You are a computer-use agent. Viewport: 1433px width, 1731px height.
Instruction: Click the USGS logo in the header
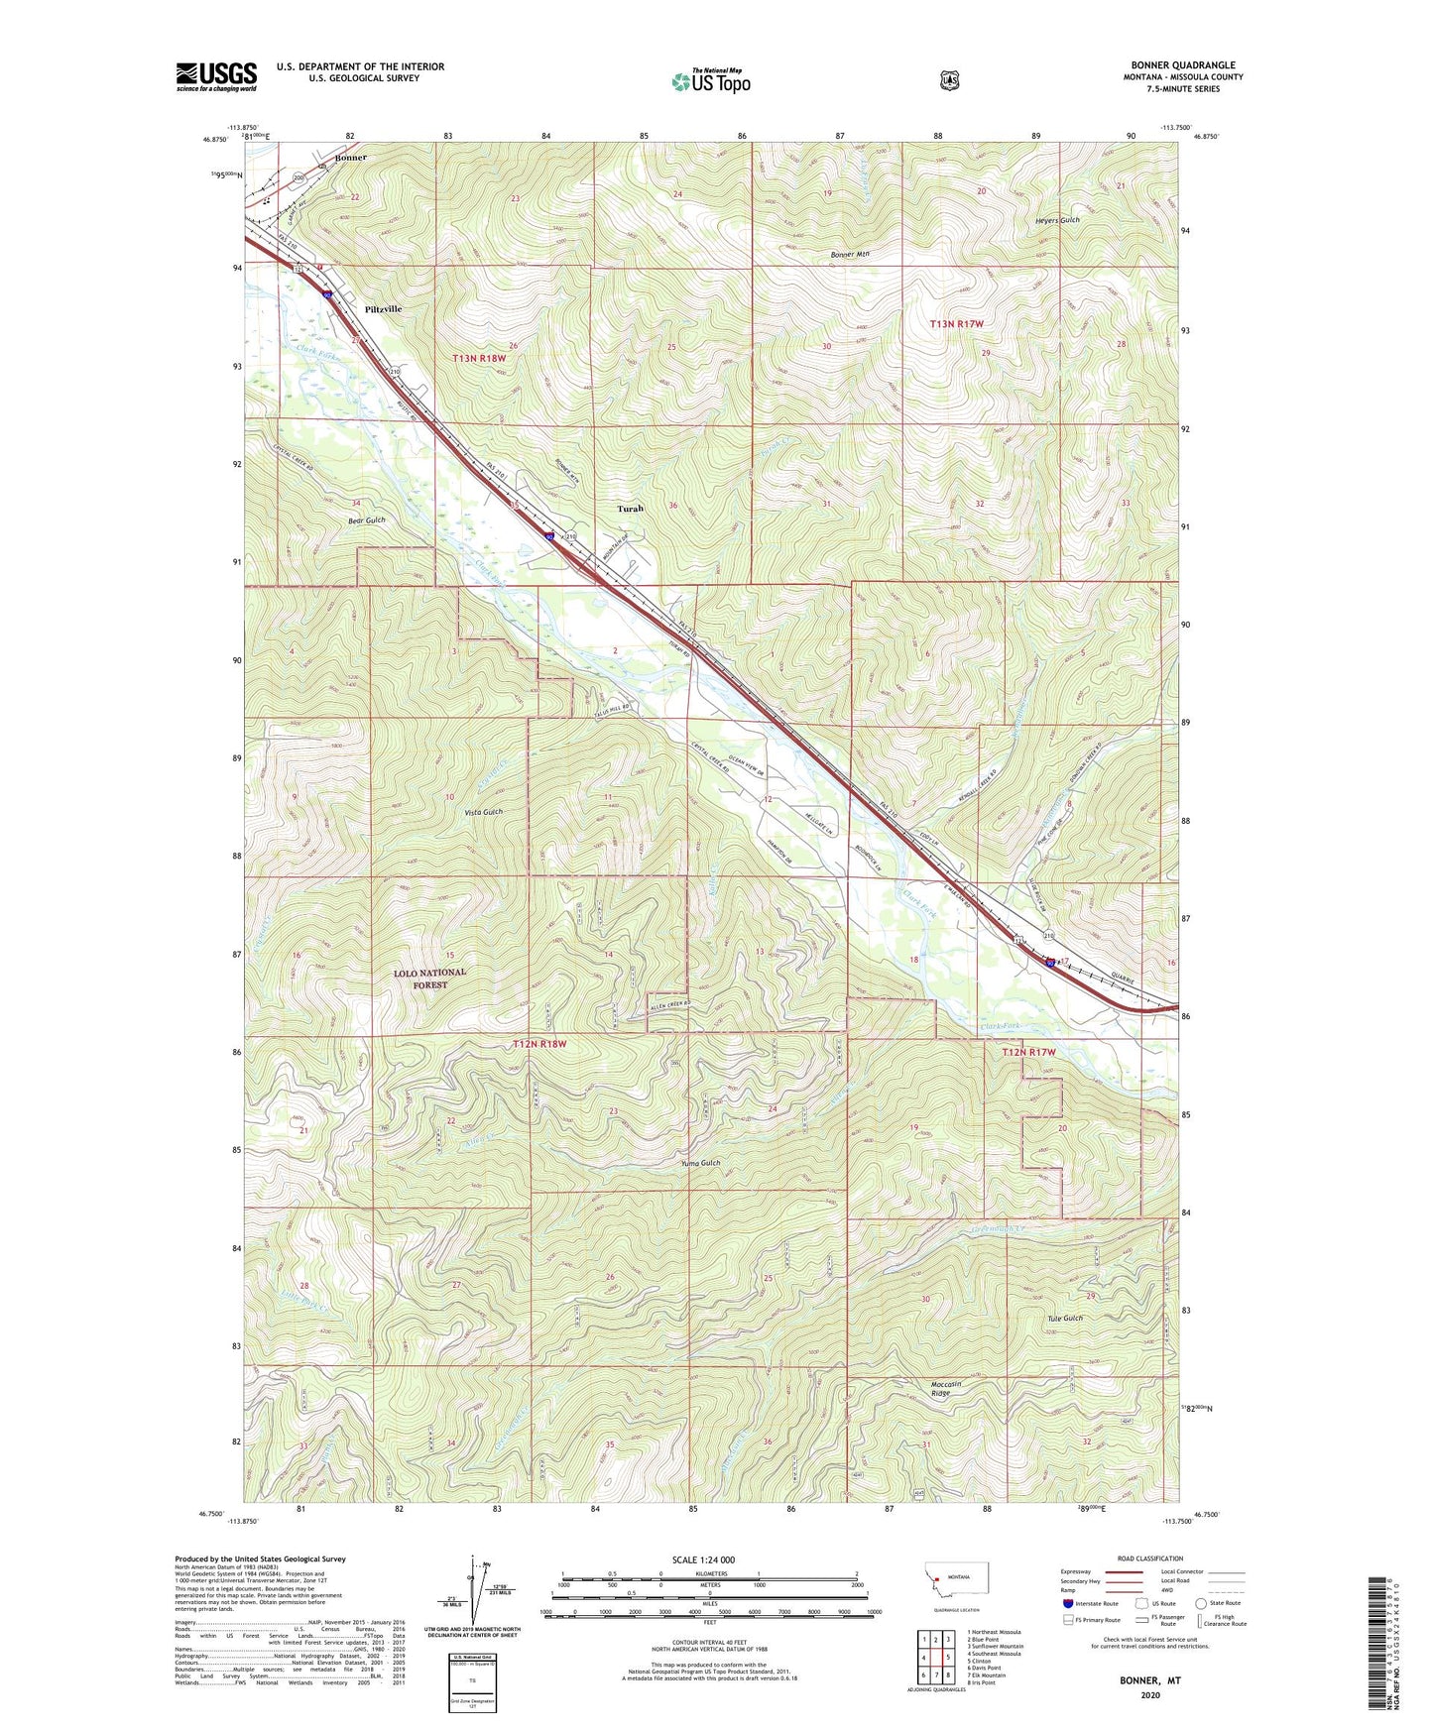[216, 76]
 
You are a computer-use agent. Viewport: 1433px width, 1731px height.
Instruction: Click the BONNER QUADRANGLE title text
[1182, 65]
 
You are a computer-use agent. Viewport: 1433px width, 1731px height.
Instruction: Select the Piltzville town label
[383, 309]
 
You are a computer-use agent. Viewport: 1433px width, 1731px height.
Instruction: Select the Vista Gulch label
[483, 812]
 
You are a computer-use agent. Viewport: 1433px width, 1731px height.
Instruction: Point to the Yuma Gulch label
[700, 1163]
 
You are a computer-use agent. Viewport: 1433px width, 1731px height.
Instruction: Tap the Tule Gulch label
[1065, 1319]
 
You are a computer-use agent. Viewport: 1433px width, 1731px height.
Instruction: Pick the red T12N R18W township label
[539, 1045]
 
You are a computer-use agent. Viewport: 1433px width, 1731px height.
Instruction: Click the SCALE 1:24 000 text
[703, 1559]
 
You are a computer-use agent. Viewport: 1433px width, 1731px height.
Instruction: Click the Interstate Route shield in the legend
[1067, 1602]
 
